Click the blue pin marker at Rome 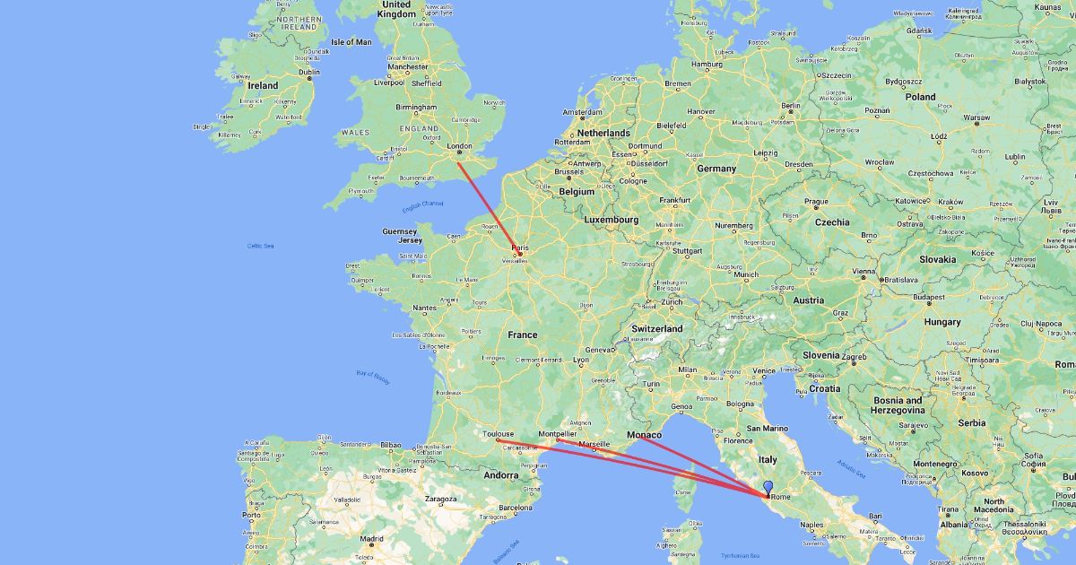point(768,488)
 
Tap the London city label point(459,145)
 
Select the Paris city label point(520,247)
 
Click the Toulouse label point(498,433)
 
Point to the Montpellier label point(558,434)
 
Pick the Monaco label point(645,435)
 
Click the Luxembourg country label point(611,219)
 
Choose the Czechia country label point(831,222)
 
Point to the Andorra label point(499,475)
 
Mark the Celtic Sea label point(261,245)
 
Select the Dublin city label point(309,73)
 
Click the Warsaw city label point(976,117)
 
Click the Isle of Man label point(351,41)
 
